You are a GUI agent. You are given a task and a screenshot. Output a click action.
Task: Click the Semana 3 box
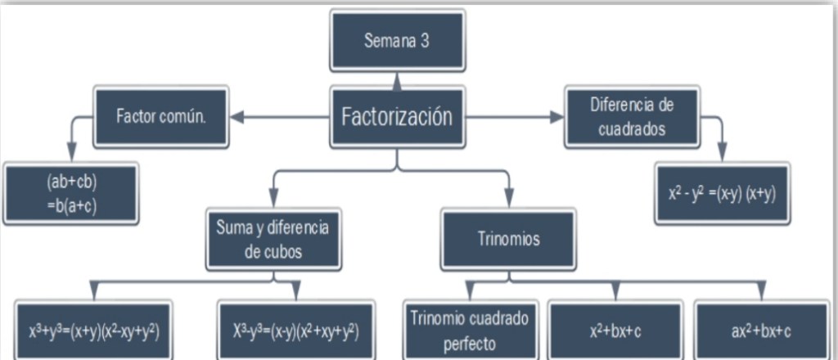(397, 42)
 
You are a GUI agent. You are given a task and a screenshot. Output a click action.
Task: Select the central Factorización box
(397, 116)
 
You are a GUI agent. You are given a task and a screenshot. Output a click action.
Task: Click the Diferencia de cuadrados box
(631, 116)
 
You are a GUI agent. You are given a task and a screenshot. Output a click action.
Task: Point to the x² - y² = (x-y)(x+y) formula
(722, 193)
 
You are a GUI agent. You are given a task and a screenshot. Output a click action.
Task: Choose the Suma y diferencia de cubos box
(273, 239)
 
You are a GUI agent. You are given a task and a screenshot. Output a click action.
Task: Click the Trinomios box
(508, 239)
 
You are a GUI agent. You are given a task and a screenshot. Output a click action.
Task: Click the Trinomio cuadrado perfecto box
(469, 331)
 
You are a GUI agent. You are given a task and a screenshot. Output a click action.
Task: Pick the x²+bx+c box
(615, 331)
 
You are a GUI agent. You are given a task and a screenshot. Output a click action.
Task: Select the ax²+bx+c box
(760, 331)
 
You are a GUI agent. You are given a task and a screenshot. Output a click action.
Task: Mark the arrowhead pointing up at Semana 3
(397, 79)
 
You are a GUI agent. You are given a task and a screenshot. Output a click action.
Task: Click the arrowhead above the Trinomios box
(508, 200)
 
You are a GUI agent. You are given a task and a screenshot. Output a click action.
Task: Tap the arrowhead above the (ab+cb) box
(71, 154)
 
